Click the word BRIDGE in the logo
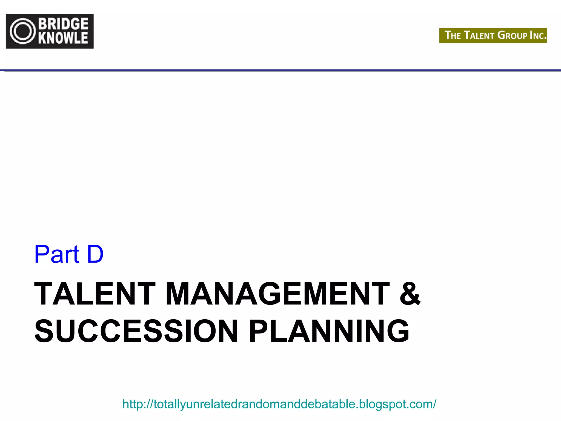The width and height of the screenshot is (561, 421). pos(63,24)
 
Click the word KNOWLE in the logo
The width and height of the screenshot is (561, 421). pos(63,38)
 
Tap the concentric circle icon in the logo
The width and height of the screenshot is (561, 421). pos(23,31)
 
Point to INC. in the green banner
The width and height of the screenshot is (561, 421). pos(538,35)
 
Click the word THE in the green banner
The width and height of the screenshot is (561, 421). pos(453,35)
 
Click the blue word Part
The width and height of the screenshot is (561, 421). pos(57,254)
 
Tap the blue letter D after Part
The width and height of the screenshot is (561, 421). pos(95,254)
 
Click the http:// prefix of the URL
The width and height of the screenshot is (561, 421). pos(138,404)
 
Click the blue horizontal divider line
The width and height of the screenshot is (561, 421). pos(280,70)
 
